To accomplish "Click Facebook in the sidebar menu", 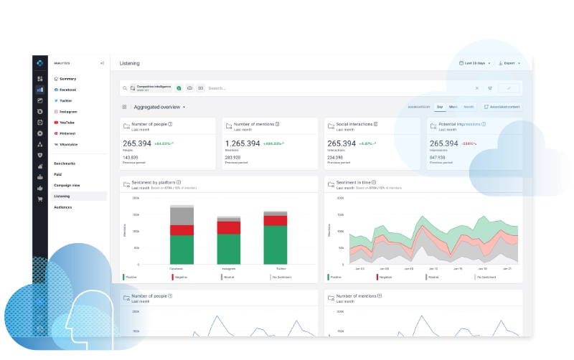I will [x=67, y=90].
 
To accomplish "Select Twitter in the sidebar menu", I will [x=66, y=101].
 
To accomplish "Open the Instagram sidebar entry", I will [x=68, y=112].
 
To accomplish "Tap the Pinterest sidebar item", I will [x=67, y=133].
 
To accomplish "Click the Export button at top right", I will [x=509, y=63].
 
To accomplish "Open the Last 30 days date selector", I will [x=475, y=63].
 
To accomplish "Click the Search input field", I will [x=337, y=88].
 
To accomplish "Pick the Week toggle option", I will [x=453, y=107].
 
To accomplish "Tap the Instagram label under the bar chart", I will [x=228, y=269].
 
